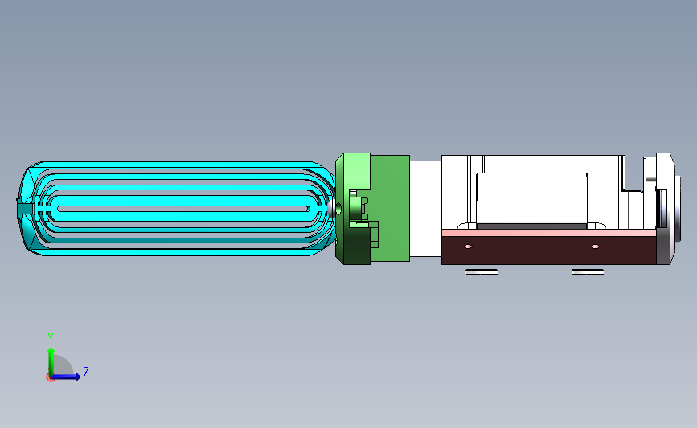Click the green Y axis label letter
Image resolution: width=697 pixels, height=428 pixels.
(51, 338)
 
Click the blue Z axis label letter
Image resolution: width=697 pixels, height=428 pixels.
(86, 372)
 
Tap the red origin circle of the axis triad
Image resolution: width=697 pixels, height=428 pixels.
(50, 377)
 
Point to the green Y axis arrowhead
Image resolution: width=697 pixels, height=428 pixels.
(51, 352)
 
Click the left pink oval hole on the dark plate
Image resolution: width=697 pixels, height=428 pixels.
(468, 247)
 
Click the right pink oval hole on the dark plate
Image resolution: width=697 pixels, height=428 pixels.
(595, 247)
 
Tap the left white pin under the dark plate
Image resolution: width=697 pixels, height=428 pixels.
(482, 272)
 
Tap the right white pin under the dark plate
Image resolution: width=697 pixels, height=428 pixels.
(588, 272)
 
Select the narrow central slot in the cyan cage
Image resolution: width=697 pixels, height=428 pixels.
(183, 209)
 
